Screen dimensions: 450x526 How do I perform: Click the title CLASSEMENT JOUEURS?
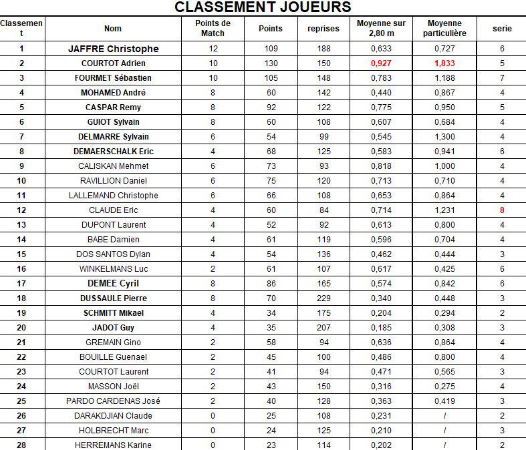click(263, 7)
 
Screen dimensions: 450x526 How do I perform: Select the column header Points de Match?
click(213, 28)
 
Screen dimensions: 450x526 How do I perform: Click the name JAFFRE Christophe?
click(113, 49)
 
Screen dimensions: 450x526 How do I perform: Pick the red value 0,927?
click(381, 63)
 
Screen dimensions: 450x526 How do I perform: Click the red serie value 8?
click(502, 210)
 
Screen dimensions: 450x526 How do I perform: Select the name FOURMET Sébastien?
click(113, 78)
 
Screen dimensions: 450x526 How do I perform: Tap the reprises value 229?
click(323, 298)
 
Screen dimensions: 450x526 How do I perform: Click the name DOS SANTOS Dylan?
click(113, 254)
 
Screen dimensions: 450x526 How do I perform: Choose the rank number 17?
click(21, 284)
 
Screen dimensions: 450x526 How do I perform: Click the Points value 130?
click(271, 63)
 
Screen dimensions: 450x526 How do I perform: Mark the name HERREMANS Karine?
click(113, 445)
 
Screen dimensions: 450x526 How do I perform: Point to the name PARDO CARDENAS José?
click(113, 401)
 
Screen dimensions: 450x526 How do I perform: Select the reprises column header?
click(323, 29)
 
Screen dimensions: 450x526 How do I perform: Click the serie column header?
click(502, 29)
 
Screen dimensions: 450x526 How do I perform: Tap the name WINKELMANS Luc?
click(113, 269)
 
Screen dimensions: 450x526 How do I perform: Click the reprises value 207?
click(323, 328)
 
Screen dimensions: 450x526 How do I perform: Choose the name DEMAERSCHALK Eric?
click(113, 152)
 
